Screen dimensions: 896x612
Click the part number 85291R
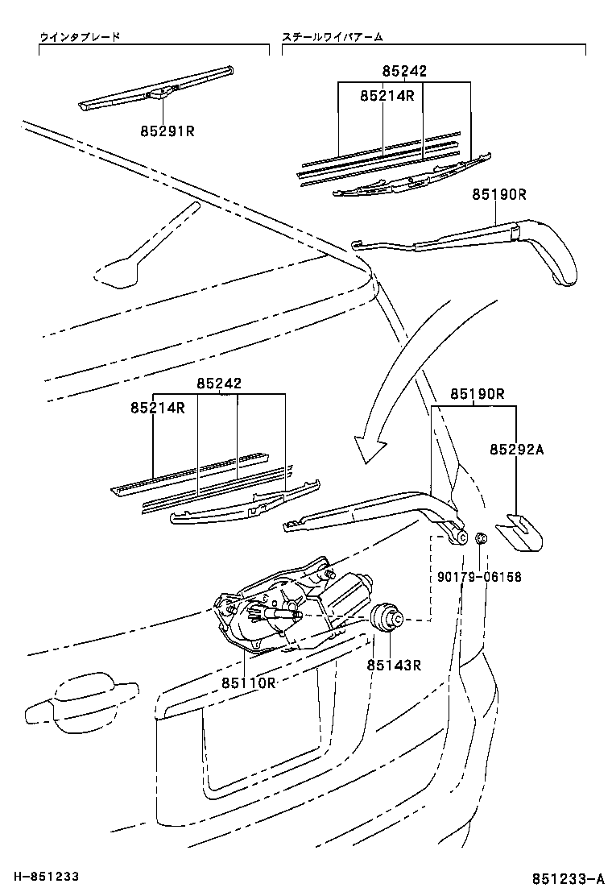(167, 130)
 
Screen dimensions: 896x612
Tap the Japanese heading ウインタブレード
(81, 37)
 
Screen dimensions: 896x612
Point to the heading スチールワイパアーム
(333, 37)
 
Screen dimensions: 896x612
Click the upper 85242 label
(404, 72)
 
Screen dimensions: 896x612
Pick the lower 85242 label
(220, 384)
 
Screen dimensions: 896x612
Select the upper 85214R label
(387, 96)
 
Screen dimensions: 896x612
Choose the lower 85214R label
(158, 409)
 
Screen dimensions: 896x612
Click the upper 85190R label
(499, 194)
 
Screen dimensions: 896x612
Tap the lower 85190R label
(477, 394)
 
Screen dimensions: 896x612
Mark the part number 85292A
(516, 450)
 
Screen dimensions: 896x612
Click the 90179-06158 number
(480, 577)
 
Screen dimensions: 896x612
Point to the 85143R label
(395, 665)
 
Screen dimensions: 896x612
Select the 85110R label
(250, 682)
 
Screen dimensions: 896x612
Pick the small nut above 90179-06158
(478, 539)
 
